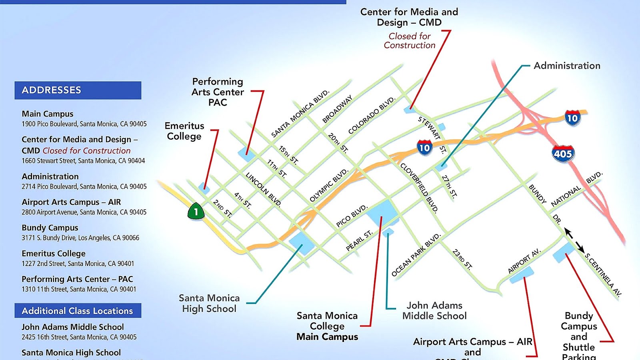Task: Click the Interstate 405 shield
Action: pos(563,154)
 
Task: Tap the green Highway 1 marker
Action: pos(196,211)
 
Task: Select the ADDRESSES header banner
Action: pos(78,90)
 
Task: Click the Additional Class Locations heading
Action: pos(78,311)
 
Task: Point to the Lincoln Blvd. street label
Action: pos(264,189)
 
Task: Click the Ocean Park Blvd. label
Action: pos(416,255)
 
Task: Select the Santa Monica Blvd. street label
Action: pos(300,114)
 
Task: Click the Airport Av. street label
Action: pos(524,261)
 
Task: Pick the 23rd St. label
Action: pos(462,259)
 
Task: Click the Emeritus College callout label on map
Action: pos(184,131)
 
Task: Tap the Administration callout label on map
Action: pos(567,66)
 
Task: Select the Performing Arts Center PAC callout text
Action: pos(218,92)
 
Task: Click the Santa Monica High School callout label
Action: pos(209,303)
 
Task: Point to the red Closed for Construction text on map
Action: pos(410,41)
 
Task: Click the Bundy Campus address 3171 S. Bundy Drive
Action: pos(80,238)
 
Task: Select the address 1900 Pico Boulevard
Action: pos(84,124)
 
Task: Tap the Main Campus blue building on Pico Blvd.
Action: pos(382,212)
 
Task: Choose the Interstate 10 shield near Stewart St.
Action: pos(424,148)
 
